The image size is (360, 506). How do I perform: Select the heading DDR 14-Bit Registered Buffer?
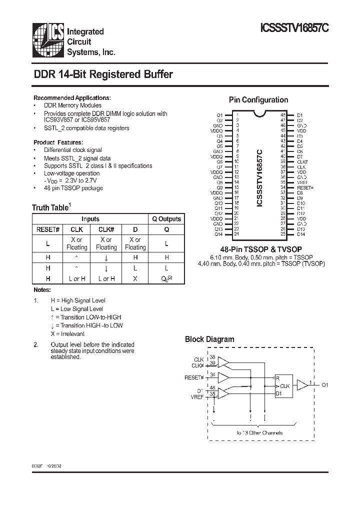click(103, 74)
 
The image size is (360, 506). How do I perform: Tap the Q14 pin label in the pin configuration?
click(219, 234)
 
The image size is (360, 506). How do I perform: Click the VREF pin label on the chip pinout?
click(302, 182)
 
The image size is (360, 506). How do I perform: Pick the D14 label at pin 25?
click(301, 234)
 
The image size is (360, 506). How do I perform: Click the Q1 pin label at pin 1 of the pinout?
click(219, 114)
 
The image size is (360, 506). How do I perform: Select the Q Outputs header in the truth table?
click(166, 219)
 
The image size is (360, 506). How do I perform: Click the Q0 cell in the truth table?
click(166, 278)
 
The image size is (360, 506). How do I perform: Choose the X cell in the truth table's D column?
click(135, 278)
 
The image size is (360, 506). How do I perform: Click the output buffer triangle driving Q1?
click(302, 384)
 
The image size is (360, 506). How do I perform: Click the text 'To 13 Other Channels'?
click(259, 432)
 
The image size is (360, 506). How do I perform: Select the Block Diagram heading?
click(209, 339)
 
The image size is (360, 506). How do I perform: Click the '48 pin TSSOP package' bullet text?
click(73, 188)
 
